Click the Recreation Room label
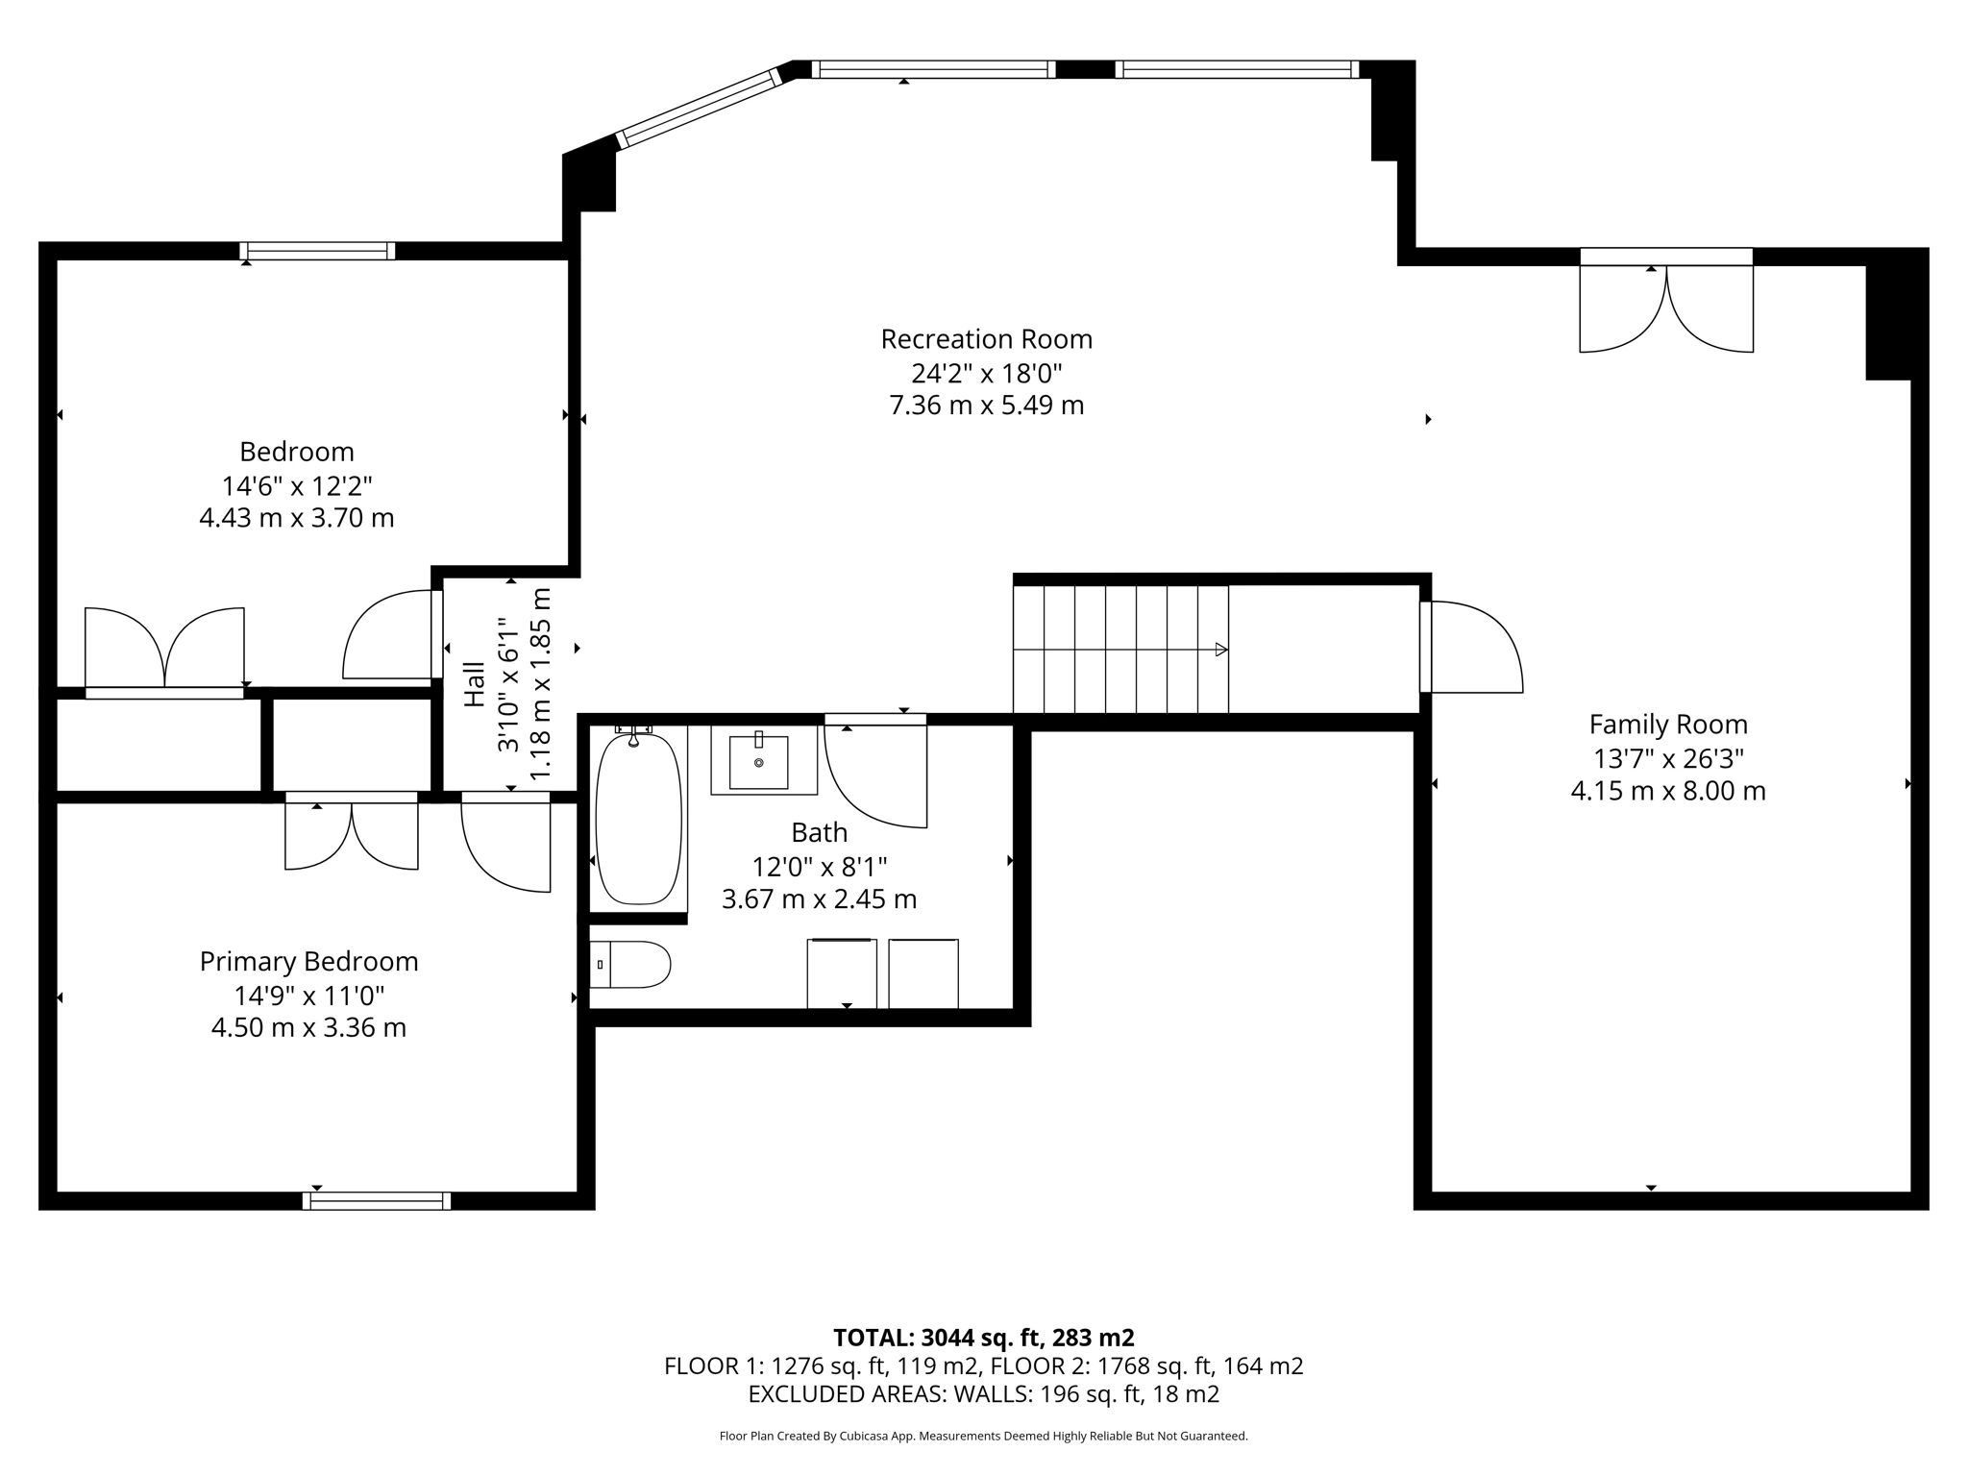coord(987,339)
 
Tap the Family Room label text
coord(1668,725)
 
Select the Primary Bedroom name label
coord(308,962)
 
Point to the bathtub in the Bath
coord(639,819)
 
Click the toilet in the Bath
coord(629,965)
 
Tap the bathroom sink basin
coord(758,762)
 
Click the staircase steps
coord(1120,649)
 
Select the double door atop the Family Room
coord(1666,301)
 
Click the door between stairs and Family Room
coord(1471,647)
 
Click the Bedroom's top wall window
coord(317,251)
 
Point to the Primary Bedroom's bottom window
coord(377,1200)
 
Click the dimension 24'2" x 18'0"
coord(987,373)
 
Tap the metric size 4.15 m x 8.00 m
coord(1668,791)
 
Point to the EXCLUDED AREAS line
coord(984,1394)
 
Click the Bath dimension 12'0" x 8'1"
coord(819,867)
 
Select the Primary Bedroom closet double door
coord(352,831)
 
